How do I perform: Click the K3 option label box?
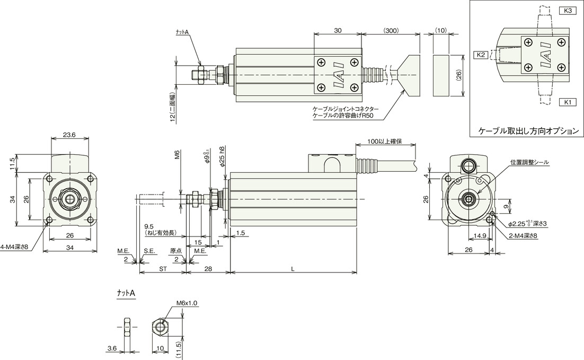(x=567, y=11)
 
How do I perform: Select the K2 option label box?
(x=480, y=55)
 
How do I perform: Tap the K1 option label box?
(x=567, y=102)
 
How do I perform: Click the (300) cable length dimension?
(x=391, y=31)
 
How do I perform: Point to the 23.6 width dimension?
(x=69, y=135)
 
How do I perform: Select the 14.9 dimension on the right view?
(x=480, y=235)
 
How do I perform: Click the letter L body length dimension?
(x=293, y=269)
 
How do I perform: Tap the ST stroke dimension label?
(x=163, y=269)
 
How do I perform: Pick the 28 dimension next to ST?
(x=208, y=269)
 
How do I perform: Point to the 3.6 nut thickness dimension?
(x=112, y=348)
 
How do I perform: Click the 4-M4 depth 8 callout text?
(x=14, y=247)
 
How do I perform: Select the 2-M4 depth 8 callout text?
(x=523, y=236)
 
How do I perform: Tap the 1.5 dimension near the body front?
(x=241, y=233)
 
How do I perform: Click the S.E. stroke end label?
(x=149, y=251)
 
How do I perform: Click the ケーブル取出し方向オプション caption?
(x=528, y=131)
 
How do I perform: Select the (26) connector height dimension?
(x=459, y=76)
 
